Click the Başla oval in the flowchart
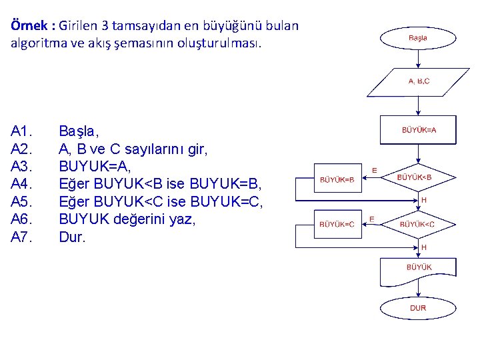click(417, 39)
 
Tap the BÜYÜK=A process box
click(418, 131)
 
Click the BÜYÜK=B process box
click(338, 179)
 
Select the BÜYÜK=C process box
click(338, 225)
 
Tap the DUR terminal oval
click(417, 308)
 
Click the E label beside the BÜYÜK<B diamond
click(374, 171)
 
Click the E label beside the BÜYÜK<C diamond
click(372, 218)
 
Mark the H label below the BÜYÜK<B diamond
click(423, 199)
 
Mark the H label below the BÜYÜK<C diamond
click(423, 247)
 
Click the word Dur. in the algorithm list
click(72, 237)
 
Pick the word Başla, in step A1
click(79, 131)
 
